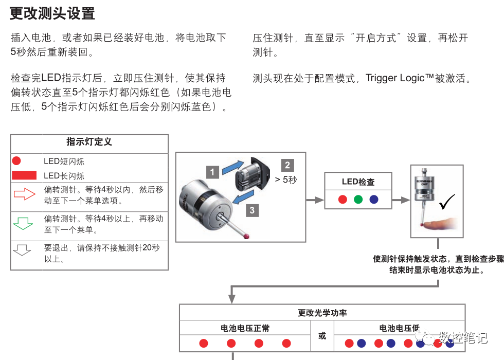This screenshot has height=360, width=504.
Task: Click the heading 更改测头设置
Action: [x=52, y=13]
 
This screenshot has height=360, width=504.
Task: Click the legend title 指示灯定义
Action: [x=89, y=142]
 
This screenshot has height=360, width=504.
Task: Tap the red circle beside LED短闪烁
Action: [x=16, y=161]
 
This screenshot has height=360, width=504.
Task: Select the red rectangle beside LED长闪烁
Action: [x=24, y=175]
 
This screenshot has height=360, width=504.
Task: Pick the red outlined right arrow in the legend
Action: [x=23, y=194]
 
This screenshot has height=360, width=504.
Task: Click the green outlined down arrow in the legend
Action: [x=22, y=224]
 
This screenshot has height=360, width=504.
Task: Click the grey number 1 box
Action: [x=213, y=172]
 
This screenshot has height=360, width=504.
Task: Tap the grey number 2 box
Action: [x=287, y=165]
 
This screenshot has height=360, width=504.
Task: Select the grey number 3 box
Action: [x=251, y=209]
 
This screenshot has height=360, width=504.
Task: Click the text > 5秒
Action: [x=286, y=180]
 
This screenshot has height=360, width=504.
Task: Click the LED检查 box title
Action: [x=358, y=182]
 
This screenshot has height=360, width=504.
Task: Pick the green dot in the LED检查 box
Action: [x=358, y=199]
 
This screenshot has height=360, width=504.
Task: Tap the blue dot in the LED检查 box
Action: [x=374, y=199]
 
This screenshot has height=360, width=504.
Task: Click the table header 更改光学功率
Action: [x=322, y=313]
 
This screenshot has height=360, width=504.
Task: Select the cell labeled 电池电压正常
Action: [x=245, y=328]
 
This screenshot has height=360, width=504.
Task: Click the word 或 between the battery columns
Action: [x=322, y=336]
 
